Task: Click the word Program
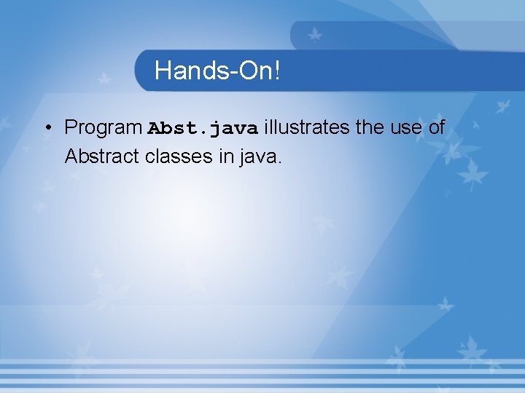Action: [103, 128]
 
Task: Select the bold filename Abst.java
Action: [203, 129]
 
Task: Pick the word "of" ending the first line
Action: [436, 127]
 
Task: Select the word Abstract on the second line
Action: [103, 156]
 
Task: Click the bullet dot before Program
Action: [46, 129]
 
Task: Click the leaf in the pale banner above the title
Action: [314, 34]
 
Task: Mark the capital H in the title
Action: [163, 71]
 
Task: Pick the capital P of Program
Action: [71, 127]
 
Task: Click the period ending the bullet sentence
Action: [278, 162]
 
